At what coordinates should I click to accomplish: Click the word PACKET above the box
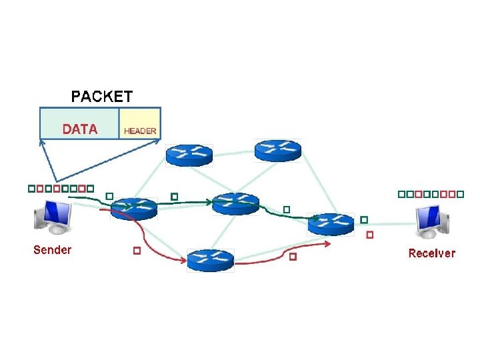(101, 96)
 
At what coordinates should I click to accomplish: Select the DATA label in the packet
(80, 129)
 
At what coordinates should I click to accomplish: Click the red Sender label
(52, 250)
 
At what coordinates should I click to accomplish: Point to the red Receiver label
(431, 253)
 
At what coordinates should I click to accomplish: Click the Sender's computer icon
(55, 217)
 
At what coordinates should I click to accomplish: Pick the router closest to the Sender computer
(133, 209)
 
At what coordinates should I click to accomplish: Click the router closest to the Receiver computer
(331, 224)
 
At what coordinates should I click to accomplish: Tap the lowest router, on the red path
(210, 259)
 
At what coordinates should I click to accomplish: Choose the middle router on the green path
(235, 203)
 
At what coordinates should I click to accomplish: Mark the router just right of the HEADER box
(189, 155)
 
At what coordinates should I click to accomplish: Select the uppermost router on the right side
(277, 150)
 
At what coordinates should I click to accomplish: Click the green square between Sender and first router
(109, 197)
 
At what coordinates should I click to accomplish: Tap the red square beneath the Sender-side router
(136, 251)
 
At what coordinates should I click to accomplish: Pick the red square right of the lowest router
(293, 256)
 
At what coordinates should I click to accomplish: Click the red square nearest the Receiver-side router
(370, 235)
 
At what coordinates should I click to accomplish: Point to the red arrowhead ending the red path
(328, 243)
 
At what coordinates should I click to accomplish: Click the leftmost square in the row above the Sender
(31, 189)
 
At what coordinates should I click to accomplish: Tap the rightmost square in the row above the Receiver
(460, 194)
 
